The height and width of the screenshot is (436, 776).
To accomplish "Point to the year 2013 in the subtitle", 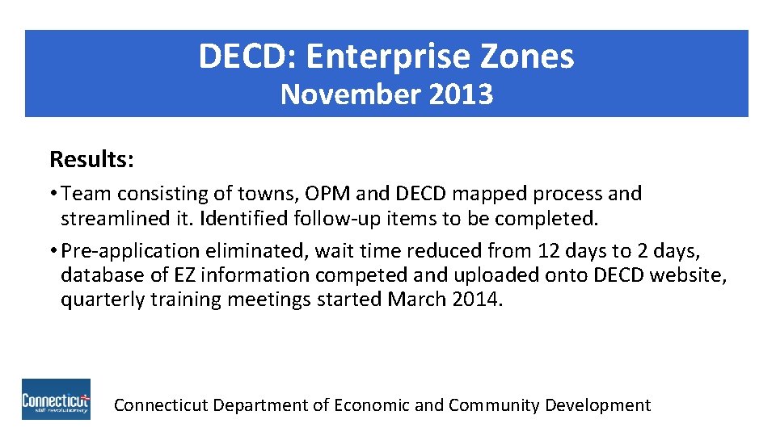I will (462, 94).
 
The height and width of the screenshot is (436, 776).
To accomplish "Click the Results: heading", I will (91, 159).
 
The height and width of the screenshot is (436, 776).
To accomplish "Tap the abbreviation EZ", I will (184, 275).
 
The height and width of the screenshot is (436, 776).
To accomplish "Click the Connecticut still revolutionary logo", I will (56, 400).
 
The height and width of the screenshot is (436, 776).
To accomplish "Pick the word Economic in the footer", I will (371, 405).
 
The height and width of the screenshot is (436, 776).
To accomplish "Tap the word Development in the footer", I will (597, 405).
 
